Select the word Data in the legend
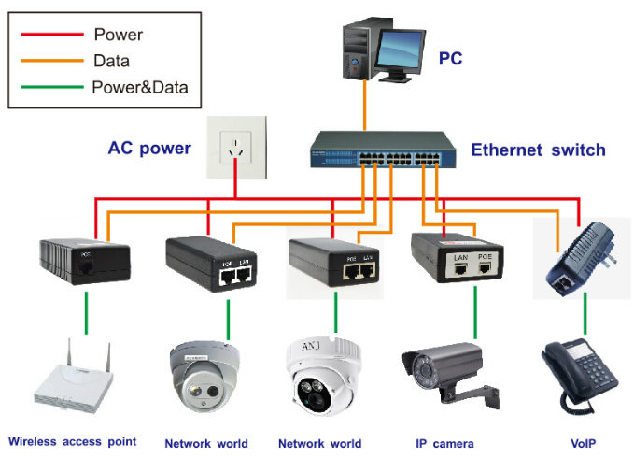[x=113, y=62]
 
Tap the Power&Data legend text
[x=140, y=89]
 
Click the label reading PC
[x=450, y=60]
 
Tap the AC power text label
[x=149, y=149]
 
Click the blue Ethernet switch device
[x=384, y=152]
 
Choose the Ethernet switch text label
[x=538, y=150]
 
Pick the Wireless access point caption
[x=73, y=441]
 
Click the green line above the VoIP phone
[x=585, y=319]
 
